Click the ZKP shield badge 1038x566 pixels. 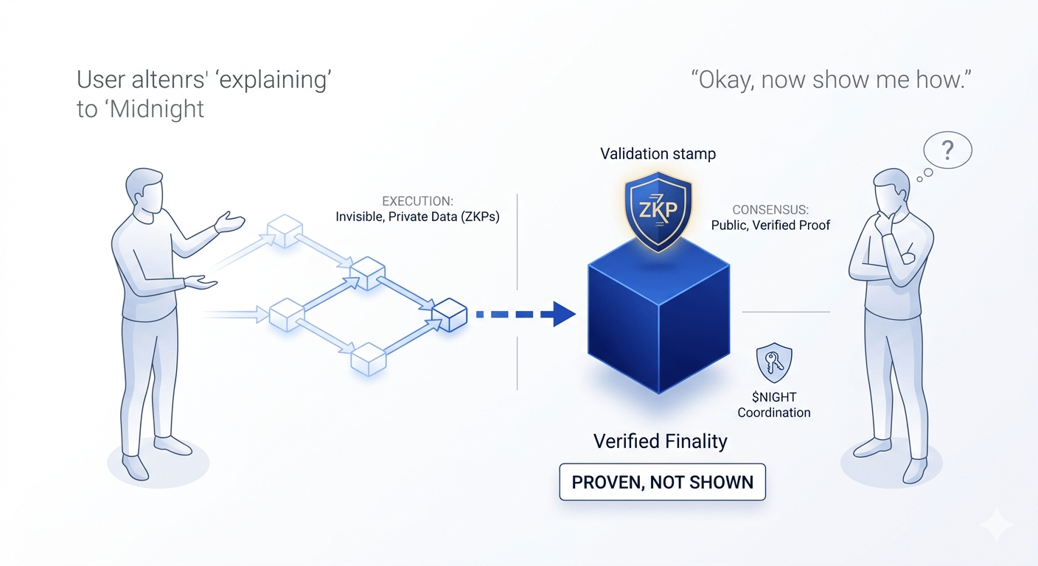(x=658, y=209)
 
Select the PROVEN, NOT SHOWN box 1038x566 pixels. (x=662, y=483)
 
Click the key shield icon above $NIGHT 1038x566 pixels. (x=774, y=364)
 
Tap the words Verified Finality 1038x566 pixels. (x=661, y=442)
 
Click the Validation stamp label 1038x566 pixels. (x=658, y=154)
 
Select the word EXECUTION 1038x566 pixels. (x=417, y=201)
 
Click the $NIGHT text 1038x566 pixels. (x=774, y=397)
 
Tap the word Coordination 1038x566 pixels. (x=774, y=413)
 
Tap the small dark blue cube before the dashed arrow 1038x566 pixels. (x=450, y=315)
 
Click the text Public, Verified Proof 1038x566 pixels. (x=770, y=225)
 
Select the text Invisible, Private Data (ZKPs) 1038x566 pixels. (x=417, y=217)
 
